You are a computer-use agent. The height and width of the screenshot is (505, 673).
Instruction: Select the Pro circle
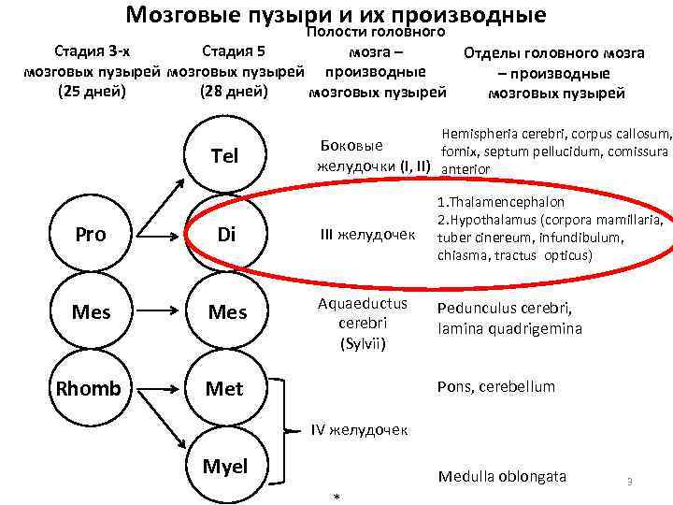pos(90,234)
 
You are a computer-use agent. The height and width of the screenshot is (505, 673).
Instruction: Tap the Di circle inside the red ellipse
pos(225,234)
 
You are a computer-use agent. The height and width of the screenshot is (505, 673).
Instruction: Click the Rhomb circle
pos(90,388)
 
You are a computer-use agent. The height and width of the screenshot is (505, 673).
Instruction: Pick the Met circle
pos(225,388)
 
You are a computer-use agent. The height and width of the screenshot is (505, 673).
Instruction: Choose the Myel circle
pos(225,465)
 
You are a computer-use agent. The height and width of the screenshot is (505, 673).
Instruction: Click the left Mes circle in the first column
pos(90,311)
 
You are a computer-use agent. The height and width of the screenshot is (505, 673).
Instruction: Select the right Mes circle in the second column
pos(225,311)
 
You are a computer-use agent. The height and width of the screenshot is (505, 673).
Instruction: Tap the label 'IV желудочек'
pos(360,430)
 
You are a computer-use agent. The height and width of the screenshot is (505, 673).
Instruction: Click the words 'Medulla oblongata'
pos(502,476)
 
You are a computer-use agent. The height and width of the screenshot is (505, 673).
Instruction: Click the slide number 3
pos(630,482)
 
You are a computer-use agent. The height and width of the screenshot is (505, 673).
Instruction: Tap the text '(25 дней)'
pos(92,93)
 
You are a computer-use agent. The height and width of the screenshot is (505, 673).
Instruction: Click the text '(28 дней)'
pos(235,93)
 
